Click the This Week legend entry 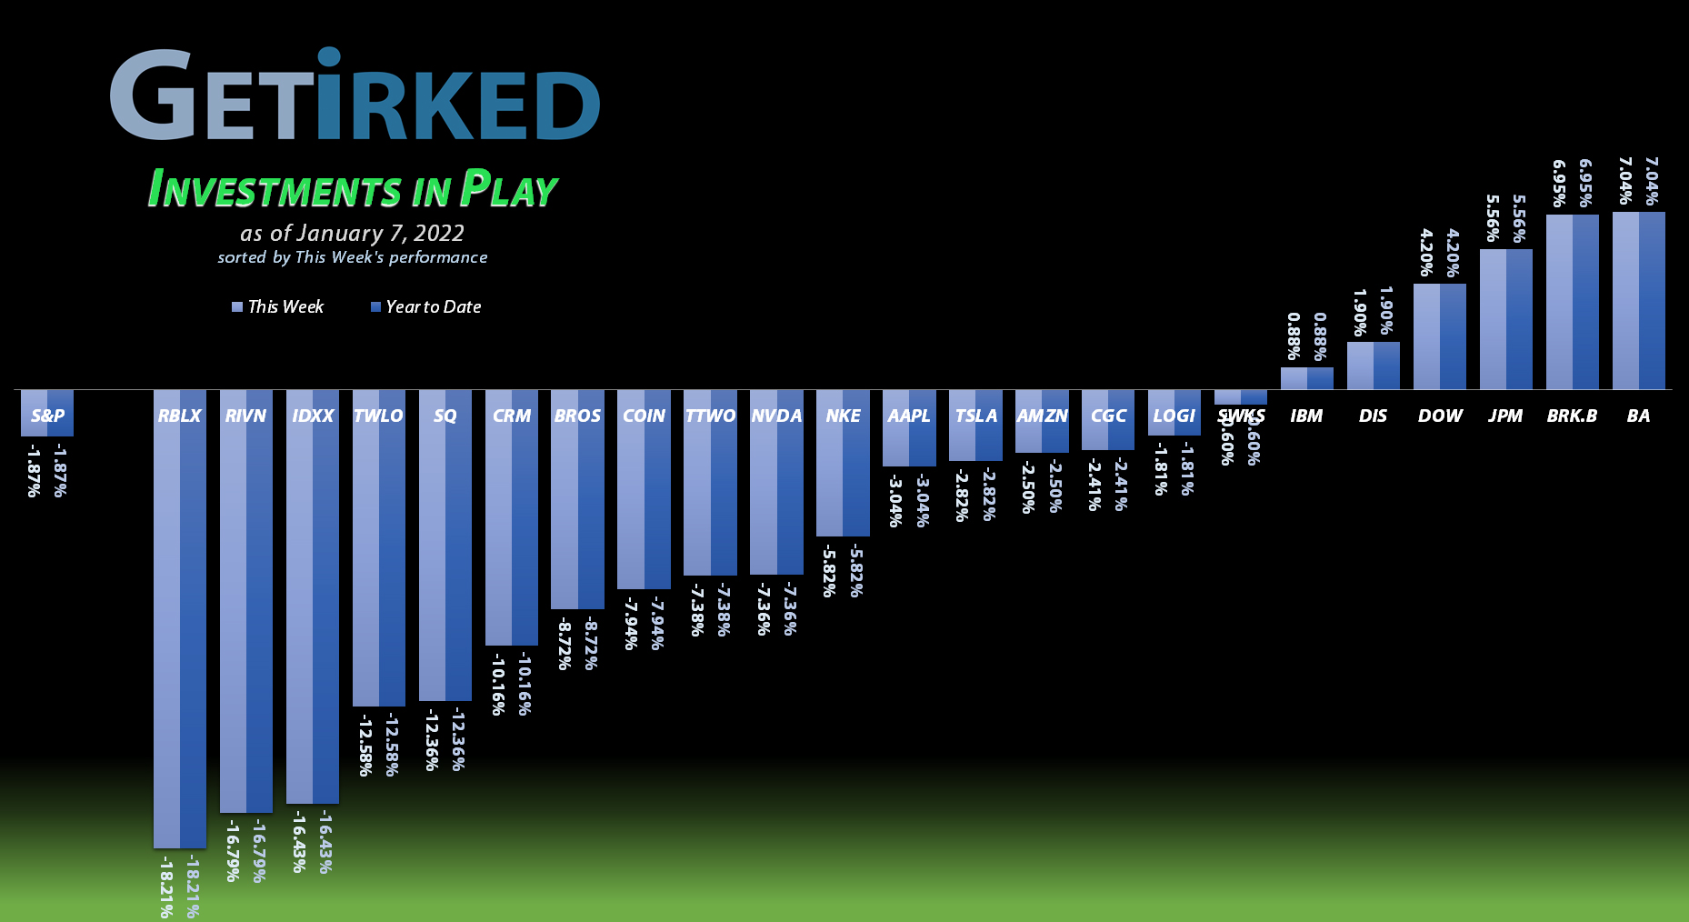[278, 307]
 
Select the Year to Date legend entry [425, 307]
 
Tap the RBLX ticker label [179, 416]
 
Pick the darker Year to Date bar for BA [1652, 300]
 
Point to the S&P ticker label [47, 416]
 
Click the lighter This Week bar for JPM [1493, 318]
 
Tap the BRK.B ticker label [1572, 416]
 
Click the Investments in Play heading [353, 189]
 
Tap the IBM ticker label [1306, 416]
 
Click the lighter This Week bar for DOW [1426, 336]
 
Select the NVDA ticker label [776, 416]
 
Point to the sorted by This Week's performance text [353, 257]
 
